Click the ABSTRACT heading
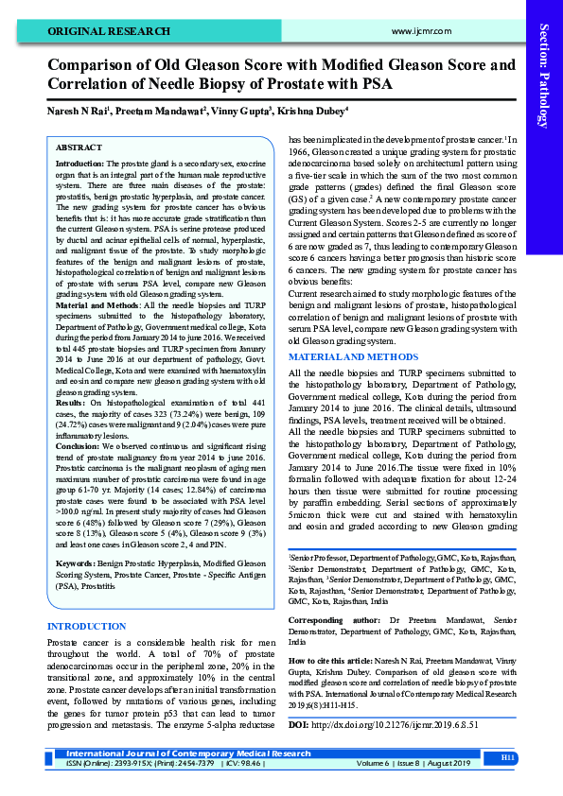click(x=79, y=148)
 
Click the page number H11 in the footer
click(x=507, y=758)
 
